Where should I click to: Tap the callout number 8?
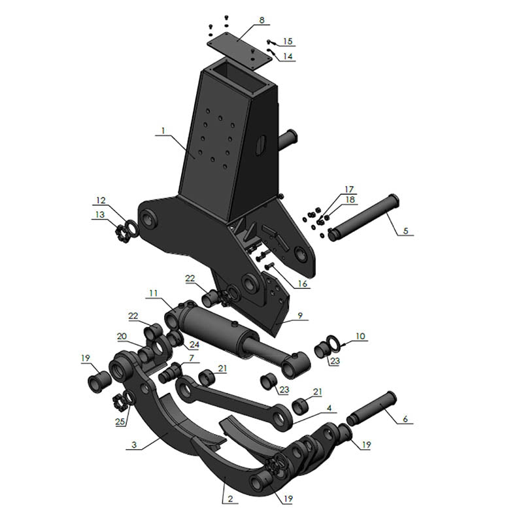[x=262, y=20]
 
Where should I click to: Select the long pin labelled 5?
[x=363, y=216]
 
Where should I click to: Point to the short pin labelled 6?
[x=372, y=409]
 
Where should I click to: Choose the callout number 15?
[x=288, y=41]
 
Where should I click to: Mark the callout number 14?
[x=288, y=56]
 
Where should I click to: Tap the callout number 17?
[x=349, y=189]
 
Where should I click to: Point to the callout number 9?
[x=300, y=316]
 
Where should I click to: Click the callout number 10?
[x=360, y=336]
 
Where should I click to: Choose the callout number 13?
[x=99, y=215]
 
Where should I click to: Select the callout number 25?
[x=119, y=422]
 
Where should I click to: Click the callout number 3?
[x=133, y=445]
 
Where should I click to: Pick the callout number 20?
[x=122, y=336]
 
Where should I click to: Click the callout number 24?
[x=194, y=345]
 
